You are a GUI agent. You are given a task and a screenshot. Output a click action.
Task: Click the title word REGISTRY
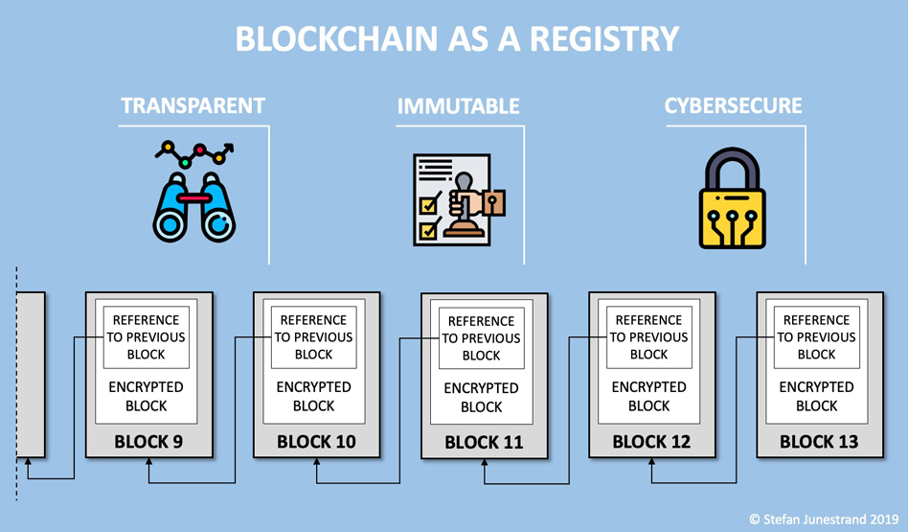pyautogui.click(x=604, y=39)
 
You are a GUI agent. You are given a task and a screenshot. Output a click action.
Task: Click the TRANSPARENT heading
pyautogui.click(x=193, y=106)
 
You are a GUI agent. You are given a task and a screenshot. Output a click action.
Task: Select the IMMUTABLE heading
pyautogui.click(x=458, y=106)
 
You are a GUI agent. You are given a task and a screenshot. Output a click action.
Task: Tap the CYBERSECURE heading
pyautogui.click(x=733, y=106)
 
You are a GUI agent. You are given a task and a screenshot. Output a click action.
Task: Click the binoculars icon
pyautogui.click(x=194, y=207)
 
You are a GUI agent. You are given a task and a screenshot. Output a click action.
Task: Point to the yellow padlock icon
pyautogui.click(x=733, y=198)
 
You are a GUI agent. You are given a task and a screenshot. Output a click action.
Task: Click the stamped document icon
pyautogui.click(x=459, y=200)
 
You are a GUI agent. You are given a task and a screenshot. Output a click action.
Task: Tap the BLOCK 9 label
pyautogui.click(x=148, y=442)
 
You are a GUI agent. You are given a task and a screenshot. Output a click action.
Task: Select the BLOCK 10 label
pyautogui.click(x=316, y=442)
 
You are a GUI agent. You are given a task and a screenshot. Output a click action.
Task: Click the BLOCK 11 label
pyautogui.click(x=484, y=443)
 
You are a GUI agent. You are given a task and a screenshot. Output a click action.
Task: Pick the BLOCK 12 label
pyautogui.click(x=651, y=442)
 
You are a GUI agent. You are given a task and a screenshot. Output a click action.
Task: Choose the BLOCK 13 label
pyautogui.click(x=819, y=442)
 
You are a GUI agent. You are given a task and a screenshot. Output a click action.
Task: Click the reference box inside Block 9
pyautogui.click(x=147, y=337)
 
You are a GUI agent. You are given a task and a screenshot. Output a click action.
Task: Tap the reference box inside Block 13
pyautogui.click(x=816, y=337)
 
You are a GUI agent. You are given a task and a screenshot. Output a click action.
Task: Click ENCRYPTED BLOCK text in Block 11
pyautogui.click(x=481, y=398)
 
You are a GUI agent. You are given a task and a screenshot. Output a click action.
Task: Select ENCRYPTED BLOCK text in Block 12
pyautogui.click(x=649, y=397)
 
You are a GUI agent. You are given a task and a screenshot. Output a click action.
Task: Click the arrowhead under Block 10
pyautogui.click(x=317, y=462)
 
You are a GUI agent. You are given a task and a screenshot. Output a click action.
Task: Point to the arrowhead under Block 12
pyautogui.click(x=651, y=462)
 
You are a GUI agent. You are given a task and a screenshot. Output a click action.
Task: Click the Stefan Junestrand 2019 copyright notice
pyautogui.click(x=824, y=520)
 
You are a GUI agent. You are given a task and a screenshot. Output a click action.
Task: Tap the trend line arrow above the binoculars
pyautogui.click(x=194, y=153)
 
